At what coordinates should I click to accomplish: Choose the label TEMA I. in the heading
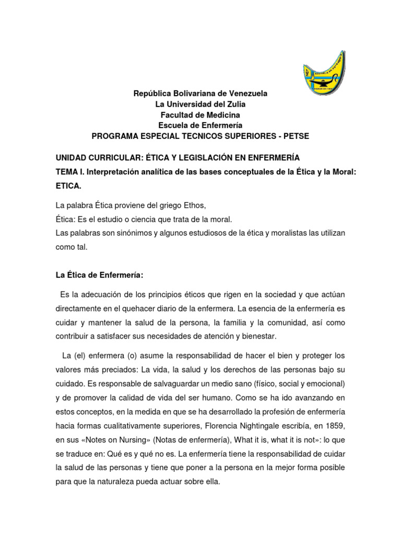point(70,171)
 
